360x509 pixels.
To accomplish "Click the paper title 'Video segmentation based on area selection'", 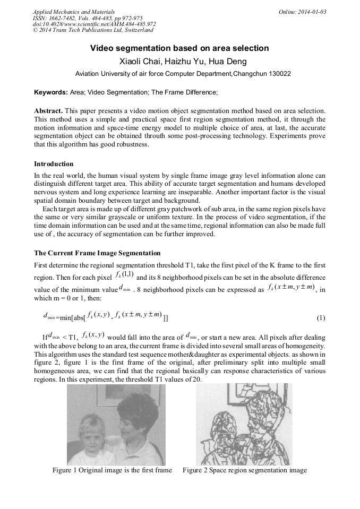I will [x=179, y=48].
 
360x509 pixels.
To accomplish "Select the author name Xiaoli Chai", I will [x=142, y=62].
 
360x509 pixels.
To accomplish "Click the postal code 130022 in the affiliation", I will [x=278, y=74].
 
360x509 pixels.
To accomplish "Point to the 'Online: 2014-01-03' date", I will [x=303, y=11].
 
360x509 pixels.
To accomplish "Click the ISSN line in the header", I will [x=88, y=18].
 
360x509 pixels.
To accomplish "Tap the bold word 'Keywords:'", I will [x=51, y=92].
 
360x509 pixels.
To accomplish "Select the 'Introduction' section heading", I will [x=54, y=163].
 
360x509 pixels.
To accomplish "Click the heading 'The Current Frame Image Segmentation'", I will [x=97, y=253].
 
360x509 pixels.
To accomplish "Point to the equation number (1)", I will [x=321, y=318].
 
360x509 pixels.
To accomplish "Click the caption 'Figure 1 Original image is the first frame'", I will [x=112, y=470].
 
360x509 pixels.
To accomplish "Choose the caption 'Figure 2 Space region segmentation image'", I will [x=245, y=470].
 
